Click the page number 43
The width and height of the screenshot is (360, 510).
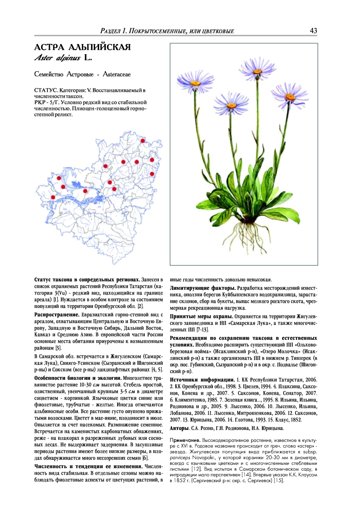click(x=313, y=31)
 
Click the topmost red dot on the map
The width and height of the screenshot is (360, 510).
click(x=143, y=141)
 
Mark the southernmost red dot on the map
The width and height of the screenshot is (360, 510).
click(x=53, y=197)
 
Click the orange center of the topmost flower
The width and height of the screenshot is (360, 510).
click(x=258, y=71)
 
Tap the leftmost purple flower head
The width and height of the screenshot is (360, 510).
click(x=195, y=82)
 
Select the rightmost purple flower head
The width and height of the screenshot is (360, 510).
click(x=290, y=96)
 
